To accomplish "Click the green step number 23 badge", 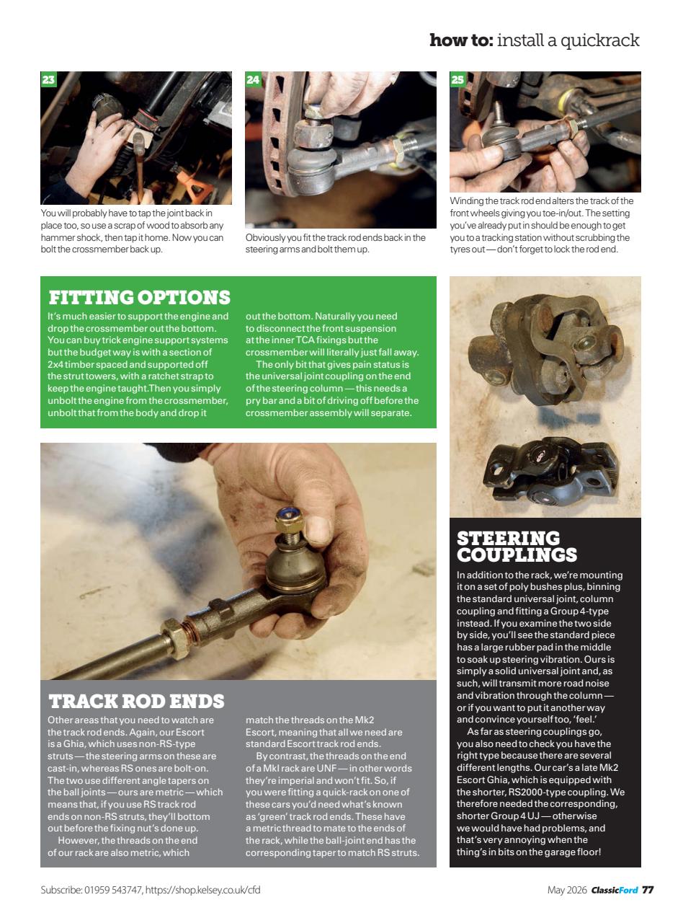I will [x=48, y=79].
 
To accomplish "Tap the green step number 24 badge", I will [x=253, y=79].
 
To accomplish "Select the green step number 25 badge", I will [x=457, y=79].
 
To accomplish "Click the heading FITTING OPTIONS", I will [x=139, y=297].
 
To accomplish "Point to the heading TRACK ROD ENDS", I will [x=136, y=701].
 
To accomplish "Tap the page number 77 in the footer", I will [x=648, y=890].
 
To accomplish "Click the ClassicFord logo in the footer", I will [x=614, y=890].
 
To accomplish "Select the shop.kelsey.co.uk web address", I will [x=202, y=890].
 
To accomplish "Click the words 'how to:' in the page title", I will [x=461, y=40].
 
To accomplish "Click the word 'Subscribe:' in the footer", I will [x=61, y=890].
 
